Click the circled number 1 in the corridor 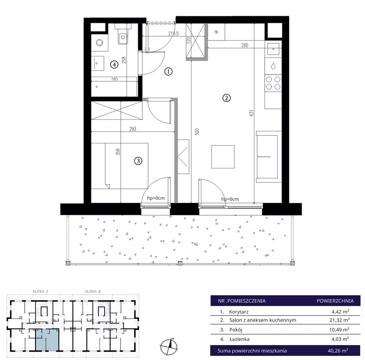pos(168,71)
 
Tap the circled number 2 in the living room pos(227,98)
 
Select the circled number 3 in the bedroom pos(138,161)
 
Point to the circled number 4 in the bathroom pos(114,64)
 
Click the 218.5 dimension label pos(173,33)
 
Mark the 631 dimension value pos(251,113)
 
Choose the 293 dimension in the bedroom pos(133,129)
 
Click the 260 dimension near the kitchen pos(245,45)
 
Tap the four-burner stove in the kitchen pos(273,83)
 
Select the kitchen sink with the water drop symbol pos(273,66)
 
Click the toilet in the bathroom pos(123,36)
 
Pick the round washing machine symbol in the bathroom pos(100,43)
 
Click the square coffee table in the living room pos(223,157)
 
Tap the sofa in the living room pos(267,157)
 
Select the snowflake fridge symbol pos(216,32)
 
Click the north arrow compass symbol pos(169,346)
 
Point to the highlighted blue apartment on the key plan pos(47,340)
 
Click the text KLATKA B pos(93,291)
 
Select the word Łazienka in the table pos(239,339)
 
